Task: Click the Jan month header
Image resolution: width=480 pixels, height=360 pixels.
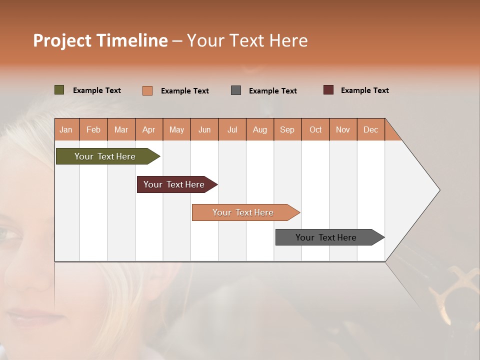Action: coord(66,129)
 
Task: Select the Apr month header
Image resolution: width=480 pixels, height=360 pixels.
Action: coord(149,129)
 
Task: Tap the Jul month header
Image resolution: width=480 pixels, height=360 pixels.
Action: coord(232,129)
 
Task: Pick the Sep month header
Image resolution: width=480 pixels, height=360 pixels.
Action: coord(287,129)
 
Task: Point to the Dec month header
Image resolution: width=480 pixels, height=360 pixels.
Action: coord(370,129)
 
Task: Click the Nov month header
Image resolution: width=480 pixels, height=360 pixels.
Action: coord(342,129)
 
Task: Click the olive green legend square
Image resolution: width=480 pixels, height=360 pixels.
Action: coord(59,90)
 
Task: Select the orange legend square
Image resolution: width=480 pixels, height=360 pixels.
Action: coord(147,90)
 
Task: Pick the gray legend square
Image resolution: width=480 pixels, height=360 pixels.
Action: coord(236,90)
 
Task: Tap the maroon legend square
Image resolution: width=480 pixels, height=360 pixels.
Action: coord(328,90)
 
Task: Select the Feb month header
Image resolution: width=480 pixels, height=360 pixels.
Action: coord(93,129)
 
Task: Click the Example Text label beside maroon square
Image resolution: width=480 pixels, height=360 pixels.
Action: coord(364,90)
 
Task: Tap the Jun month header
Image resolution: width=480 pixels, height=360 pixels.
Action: coord(204,129)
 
